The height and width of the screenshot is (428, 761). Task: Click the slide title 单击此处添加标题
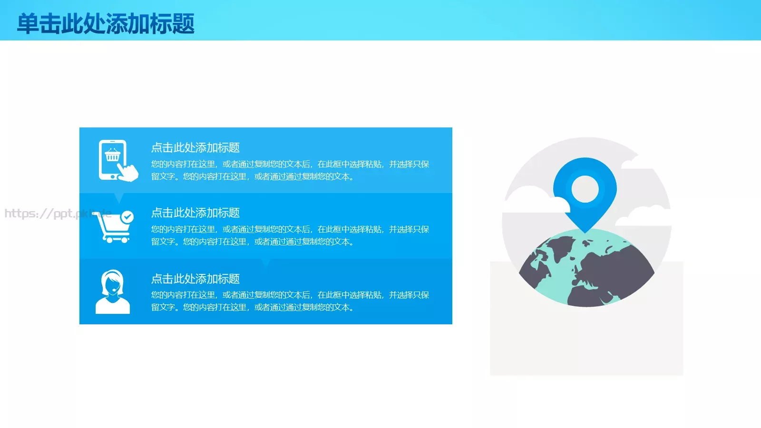point(106,23)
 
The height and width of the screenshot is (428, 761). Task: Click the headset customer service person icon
point(113,292)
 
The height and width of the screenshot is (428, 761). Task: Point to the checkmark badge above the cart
point(127,217)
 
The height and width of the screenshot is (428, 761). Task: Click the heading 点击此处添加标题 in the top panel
point(195,147)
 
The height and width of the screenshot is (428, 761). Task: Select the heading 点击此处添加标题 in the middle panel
point(195,213)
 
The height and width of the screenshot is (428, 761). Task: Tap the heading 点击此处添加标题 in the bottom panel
point(195,278)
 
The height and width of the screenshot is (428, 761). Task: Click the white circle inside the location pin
point(585,189)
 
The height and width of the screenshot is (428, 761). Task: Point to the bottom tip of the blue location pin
point(585,231)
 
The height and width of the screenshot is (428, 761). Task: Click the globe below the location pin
point(586,269)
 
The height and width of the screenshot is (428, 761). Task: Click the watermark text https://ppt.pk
point(48,214)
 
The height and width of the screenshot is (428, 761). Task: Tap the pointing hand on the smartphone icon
point(127,171)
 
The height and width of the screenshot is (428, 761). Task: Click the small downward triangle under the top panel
point(119,197)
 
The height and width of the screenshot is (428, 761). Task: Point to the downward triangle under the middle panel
point(265,263)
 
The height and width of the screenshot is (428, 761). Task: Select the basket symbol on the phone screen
point(113,155)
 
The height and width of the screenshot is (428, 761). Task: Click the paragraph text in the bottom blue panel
point(290,301)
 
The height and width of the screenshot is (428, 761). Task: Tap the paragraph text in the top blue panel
point(290,170)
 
